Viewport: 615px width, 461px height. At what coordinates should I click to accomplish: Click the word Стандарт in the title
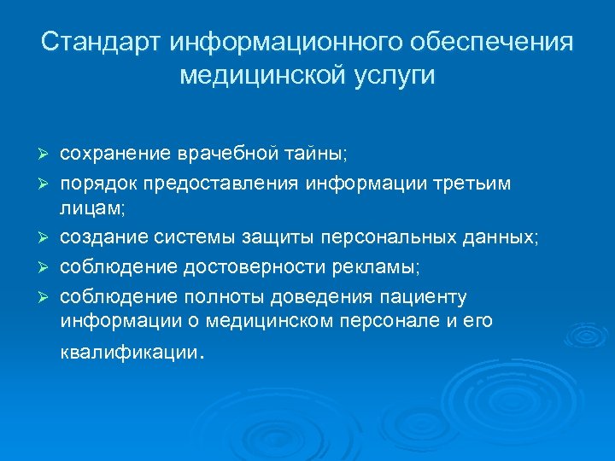coord(100,42)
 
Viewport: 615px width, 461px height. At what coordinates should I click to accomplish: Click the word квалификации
coord(129,353)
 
